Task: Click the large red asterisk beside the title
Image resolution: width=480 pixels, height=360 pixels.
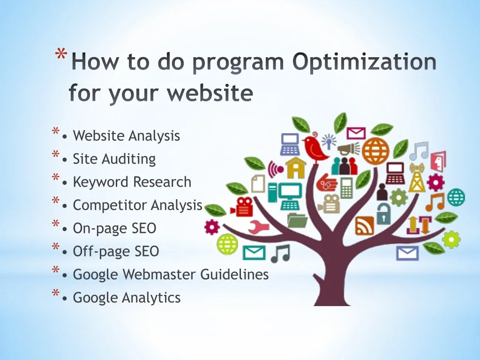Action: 61,55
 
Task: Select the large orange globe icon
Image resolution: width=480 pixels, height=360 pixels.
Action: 375,151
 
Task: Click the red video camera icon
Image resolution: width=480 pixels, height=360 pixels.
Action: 242,207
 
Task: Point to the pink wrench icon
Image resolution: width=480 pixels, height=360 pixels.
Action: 258,227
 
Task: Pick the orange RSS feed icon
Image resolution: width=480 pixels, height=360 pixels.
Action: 365,225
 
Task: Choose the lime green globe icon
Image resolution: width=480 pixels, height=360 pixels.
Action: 227,244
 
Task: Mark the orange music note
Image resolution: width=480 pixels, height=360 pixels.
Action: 435,202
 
